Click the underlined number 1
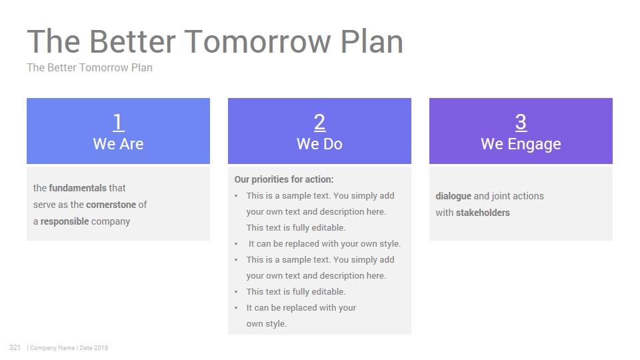(x=119, y=122)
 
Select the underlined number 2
(x=319, y=122)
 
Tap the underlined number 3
(x=521, y=122)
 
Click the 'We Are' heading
(x=119, y=144)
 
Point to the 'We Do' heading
(x=319, y=144)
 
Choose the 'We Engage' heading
(x=521, y=145)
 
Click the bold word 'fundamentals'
(x=77, y=188)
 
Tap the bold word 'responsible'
(x=65, y=221)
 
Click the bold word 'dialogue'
(x=453, y=196)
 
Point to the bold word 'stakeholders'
(x=483, y=213)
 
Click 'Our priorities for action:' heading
(x=284, y=179)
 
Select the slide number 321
(x=15, y=347)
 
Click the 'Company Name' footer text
(x=52, y=348)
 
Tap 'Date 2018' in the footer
(x=94, y=348)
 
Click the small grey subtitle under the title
(x=90, y=67)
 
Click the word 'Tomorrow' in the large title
(x=258, y=41)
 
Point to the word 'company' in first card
(x=111, y=222)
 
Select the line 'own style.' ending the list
(x=267, y=324)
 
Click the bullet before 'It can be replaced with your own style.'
(x=236, y=244)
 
